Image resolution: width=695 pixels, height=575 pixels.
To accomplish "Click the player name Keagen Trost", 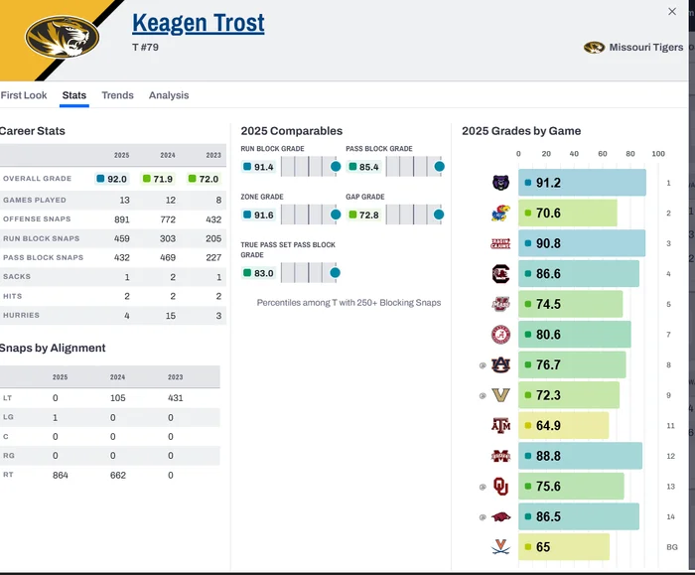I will pyautogui.click(x=199, y=22).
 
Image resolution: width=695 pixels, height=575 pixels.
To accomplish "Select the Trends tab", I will pyautogui.click(x=117, y=95).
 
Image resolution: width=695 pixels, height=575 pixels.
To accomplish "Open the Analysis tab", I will pyautogui.click(x=169, y=95).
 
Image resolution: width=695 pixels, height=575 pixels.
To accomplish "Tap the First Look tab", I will pyautogui.click(x=24, y=95).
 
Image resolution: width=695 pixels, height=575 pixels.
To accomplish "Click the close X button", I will pyautogui.click(x=672, y=11).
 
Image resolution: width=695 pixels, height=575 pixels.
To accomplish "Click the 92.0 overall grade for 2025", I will pyautogui.click(x=114, y=179).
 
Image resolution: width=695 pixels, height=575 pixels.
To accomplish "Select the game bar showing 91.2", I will pyautogui.click(x=582, y=183).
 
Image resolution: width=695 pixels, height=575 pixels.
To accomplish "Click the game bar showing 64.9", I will pyautogui.click(x=563, y=426).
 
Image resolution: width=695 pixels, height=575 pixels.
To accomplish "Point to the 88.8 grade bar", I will pyautogui.click(x=580, y=456).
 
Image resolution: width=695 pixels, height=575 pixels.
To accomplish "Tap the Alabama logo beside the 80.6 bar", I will pyautogui.click(x=499, y=335).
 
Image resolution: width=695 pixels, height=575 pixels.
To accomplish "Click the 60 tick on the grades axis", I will pyautogui.click(x=602, y=154).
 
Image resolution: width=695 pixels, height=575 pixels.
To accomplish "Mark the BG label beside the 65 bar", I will pyautogui.click(x=671, y=547).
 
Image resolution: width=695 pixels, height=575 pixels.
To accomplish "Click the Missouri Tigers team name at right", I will pyautogui.click(x=645, y=48).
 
